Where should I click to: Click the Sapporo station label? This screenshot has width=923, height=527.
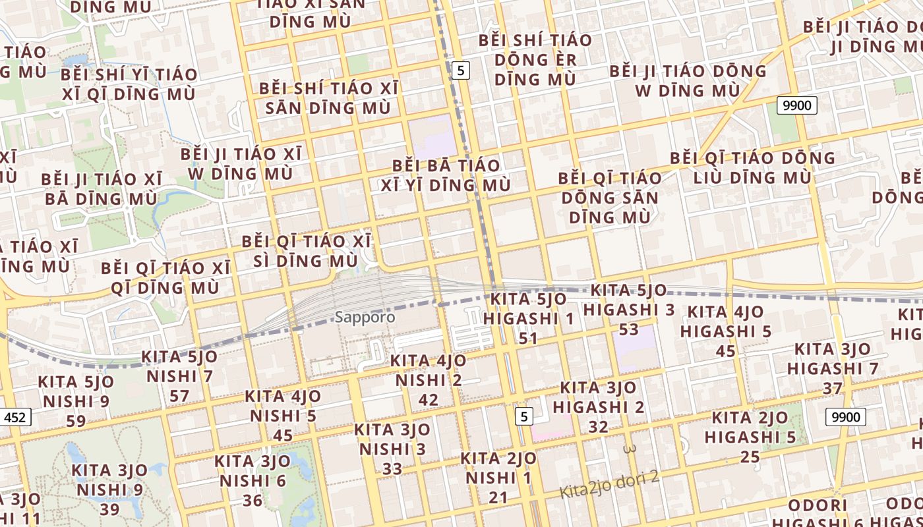click(365, 317)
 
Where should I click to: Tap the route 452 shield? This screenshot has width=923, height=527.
click(15, 417)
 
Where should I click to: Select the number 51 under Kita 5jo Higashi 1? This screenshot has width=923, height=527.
click(528, 339)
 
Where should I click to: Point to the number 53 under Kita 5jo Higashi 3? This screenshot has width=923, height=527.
click(628, 329)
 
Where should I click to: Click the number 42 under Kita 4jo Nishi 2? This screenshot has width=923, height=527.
click(428, 399)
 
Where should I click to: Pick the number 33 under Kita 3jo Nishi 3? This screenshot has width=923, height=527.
click(392, 468)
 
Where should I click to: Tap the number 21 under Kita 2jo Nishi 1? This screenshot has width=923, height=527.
click(498, 497)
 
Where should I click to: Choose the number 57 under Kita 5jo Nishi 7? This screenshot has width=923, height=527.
click(179, 396)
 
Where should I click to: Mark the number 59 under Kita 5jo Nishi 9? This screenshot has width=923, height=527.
click(76, 421)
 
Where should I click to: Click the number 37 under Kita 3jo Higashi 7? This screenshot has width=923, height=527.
click(833, 388)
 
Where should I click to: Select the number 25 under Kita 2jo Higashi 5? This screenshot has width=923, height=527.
click(750, 457)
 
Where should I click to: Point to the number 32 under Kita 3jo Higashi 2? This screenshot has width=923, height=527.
click(598, 426)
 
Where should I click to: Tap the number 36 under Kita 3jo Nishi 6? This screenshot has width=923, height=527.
click(253, 500)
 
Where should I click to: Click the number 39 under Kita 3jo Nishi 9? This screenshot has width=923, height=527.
click(109, 509)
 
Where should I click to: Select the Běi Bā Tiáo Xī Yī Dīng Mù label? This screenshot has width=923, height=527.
click(446, 175)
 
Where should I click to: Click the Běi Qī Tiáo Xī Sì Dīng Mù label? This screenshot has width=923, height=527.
click(307, 250)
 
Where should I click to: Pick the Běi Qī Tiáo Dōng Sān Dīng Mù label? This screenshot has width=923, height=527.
click(609, 197)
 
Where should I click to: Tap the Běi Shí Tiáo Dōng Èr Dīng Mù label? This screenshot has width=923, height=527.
click(535, 59)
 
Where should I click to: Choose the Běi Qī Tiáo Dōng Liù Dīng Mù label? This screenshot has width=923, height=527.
click(752, 167)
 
